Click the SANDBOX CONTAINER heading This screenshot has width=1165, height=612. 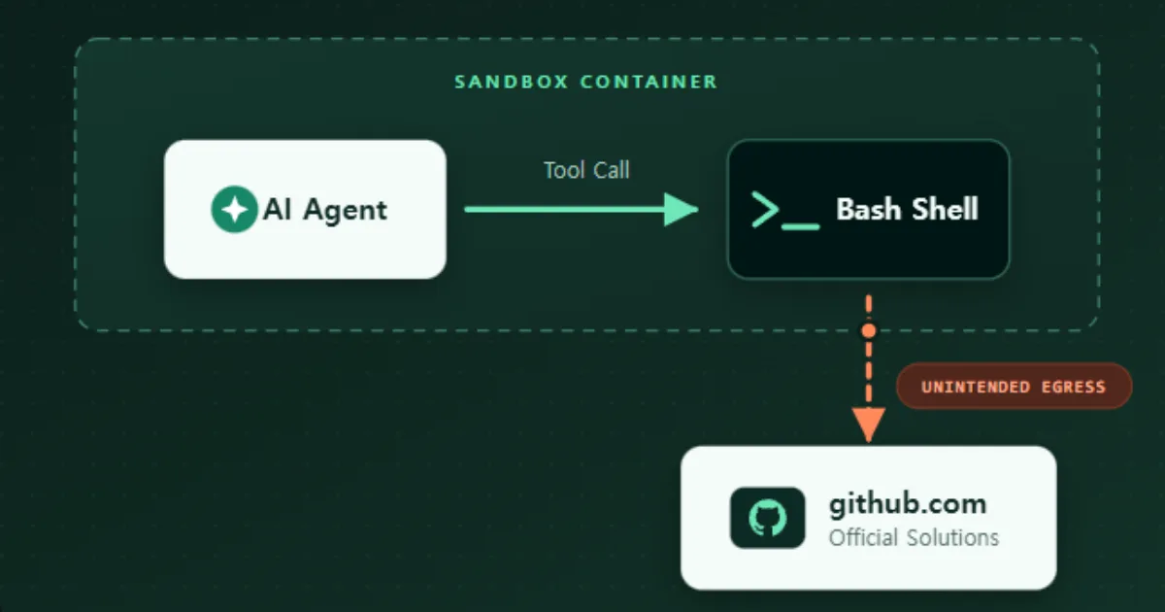586,82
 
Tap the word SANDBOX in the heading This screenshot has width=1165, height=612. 512,82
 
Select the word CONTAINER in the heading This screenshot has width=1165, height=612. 649,82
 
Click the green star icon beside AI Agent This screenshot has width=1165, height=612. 235,209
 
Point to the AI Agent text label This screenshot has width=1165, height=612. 325,210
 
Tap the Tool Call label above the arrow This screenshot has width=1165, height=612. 586,170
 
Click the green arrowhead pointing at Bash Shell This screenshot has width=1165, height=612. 682,209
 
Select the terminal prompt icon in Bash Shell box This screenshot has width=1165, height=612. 785,210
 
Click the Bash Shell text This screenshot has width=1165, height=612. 908,209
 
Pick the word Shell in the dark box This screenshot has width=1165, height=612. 946,209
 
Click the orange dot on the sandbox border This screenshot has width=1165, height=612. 869,330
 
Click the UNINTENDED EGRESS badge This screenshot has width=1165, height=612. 1015,387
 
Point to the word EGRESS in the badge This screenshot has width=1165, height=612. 1074,388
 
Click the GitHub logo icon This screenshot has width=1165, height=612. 768,518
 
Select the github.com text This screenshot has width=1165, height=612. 908,505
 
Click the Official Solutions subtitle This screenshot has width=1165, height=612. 914,537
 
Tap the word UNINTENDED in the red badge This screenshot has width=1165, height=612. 976,388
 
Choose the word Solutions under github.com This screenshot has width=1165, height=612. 952,537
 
